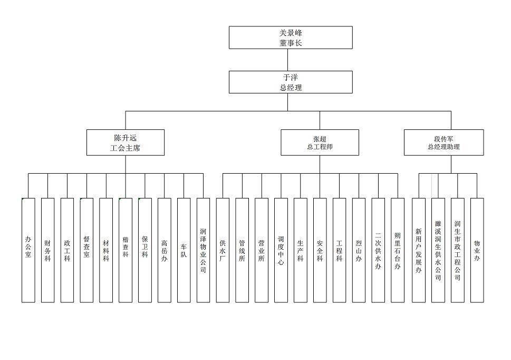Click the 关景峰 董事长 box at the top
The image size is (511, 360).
pyautogui.click(x=291, y=37)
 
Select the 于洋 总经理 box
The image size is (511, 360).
pyautogui.click(x=291, y=82)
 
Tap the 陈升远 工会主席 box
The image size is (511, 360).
pyautogui.click(x=126, y=143)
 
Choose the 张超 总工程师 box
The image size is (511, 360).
pyautogui.click(x=320, y=143)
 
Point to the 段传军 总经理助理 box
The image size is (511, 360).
pyautogui.click(x=443, y=143)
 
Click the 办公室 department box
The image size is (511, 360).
pyautogui.click(x=28, y=250)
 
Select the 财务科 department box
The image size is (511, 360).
pyautogui.click(x=48, y=250)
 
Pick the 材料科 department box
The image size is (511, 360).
pyautogui.click(x=106, y=250)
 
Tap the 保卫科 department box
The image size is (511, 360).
pyautogui.click(x=145, y=250)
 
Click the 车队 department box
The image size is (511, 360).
pyautogui.click(x=184, y=250)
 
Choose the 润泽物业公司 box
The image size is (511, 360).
pyautogui.click(x=203, y=250)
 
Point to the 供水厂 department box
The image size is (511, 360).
pyautogui.click(x=223, y=250)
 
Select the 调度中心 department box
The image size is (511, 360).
pyautogui.click(x=281, y=250)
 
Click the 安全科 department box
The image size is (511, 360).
pyautogui.click(x=320, y=250)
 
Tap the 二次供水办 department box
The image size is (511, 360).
pyautogui.click(x=378, y=250)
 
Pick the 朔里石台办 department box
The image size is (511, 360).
pyautogui.click(x=398, y=250)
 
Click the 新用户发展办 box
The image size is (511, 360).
pyautogui.click(x=419, y=250)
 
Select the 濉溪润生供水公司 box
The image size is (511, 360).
pyautogui.click(x=438, y=250)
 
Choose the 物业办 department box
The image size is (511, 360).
pyautogui.click(x=477, y=250)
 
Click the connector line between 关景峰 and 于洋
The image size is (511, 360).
pyautogui.click(x=288, y=60)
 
